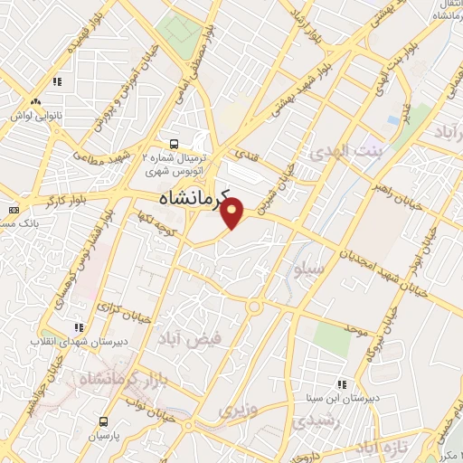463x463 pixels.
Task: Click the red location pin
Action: (233, 214)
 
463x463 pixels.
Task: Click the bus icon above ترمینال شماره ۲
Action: (175, 144)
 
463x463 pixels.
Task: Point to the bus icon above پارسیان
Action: (103, 421)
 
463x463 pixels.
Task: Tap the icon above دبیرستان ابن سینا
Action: (341, 383)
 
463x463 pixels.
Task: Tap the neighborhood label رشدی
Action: (317, 421)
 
